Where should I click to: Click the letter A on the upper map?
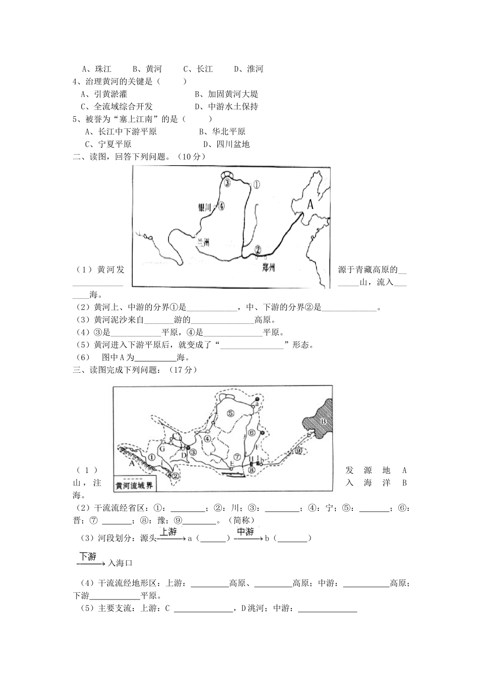tap(310, 204)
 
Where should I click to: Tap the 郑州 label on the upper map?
tap(268, 267)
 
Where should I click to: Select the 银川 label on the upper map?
tap(206, 206)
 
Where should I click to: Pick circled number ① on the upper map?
tap(256, 184)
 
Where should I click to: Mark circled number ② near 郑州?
tap(258, 249)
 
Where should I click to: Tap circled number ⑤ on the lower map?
tap(230, 414)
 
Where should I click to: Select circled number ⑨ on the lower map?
tap(298, 450)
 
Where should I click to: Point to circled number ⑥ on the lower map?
tap(252, 432)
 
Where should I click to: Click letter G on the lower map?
tap(162, 448)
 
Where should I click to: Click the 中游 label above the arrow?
tap(246, 532)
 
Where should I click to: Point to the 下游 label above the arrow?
tap(88, 557)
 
